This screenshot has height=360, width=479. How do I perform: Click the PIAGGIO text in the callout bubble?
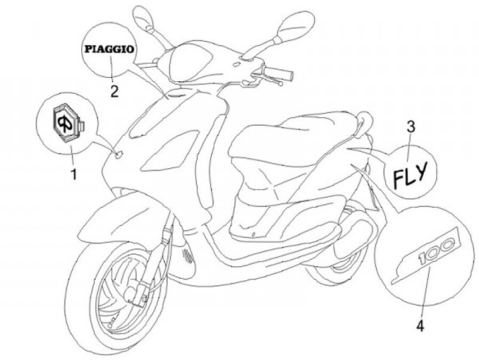pyautogui.click(x=109, y=48)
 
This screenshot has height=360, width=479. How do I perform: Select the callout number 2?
pyautogui.click(x=114, y=91)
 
